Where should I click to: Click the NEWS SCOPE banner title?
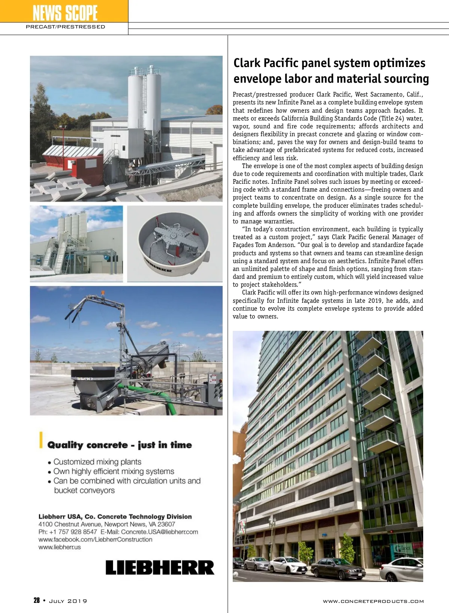[x=65, y=13]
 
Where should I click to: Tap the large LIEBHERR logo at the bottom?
[x=160, y=567]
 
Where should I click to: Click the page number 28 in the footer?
[x=37, y=600]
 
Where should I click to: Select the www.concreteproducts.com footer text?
[x=373, y=601]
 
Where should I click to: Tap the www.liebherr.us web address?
[x=59, y=547]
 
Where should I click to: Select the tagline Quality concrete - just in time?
[x=119, y=445]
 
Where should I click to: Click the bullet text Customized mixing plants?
[x=97, y=462]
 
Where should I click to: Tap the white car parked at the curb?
[x=288, y=565]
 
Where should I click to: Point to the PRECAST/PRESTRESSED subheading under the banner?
[x=65, y=27]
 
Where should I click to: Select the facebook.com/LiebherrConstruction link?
[x=95, y=540]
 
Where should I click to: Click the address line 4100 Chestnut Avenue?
[x=107, y=524]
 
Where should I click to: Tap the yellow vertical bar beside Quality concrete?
[x=41, y=440]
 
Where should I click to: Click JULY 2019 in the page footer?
[x=68, y=601]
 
